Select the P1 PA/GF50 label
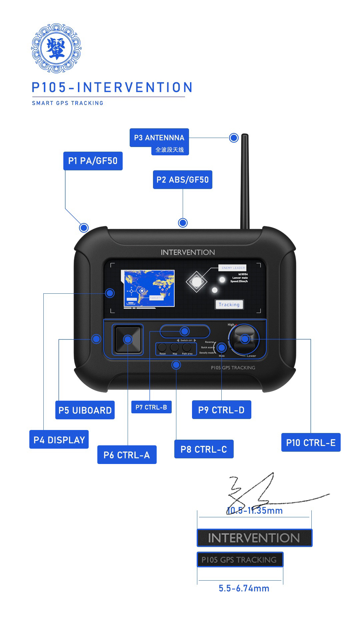(x=93, y=161)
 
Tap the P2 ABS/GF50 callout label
(x=182, y=180)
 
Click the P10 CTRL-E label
(x=311, y=443)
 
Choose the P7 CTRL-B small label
(x=151, y=407)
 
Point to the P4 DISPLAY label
(x=59, y=440)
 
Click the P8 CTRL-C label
(x=204, y=449)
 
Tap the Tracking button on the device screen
(x=229, y=304)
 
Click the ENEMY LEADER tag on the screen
(x=233, y=268)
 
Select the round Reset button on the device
(x=162, y=347)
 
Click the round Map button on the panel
(x=175, y=347)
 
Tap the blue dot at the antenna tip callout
(x=234, y=138)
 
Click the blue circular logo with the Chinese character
(x=56, y=48)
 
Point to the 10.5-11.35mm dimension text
(x=255, y=511)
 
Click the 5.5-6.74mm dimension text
(x=244, y=588)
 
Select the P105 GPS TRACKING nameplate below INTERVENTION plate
(x=240, y=560)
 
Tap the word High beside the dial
(x=231, y=325)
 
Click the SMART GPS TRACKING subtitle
(x=68, y=103)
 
